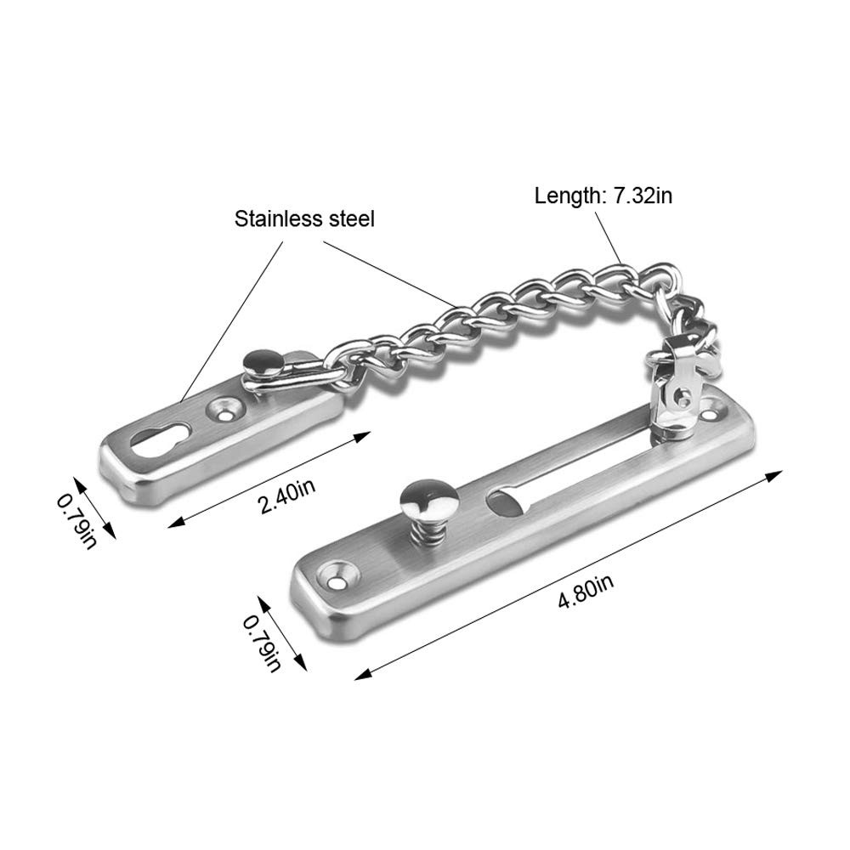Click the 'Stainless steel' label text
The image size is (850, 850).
point(304,219)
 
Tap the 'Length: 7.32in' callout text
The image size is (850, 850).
point(603,196)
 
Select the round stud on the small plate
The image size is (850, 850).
point(261,363)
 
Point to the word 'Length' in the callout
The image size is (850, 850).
point(565,196)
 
